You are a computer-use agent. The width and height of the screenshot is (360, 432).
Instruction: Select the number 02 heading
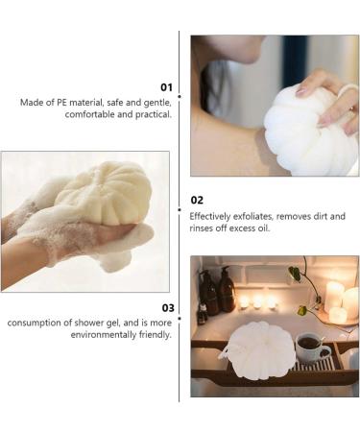[x=197, y=201]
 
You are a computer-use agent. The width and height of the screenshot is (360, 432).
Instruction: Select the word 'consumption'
[x=33, y=323]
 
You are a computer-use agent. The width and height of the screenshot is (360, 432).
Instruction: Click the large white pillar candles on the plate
[x=343, y=302]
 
